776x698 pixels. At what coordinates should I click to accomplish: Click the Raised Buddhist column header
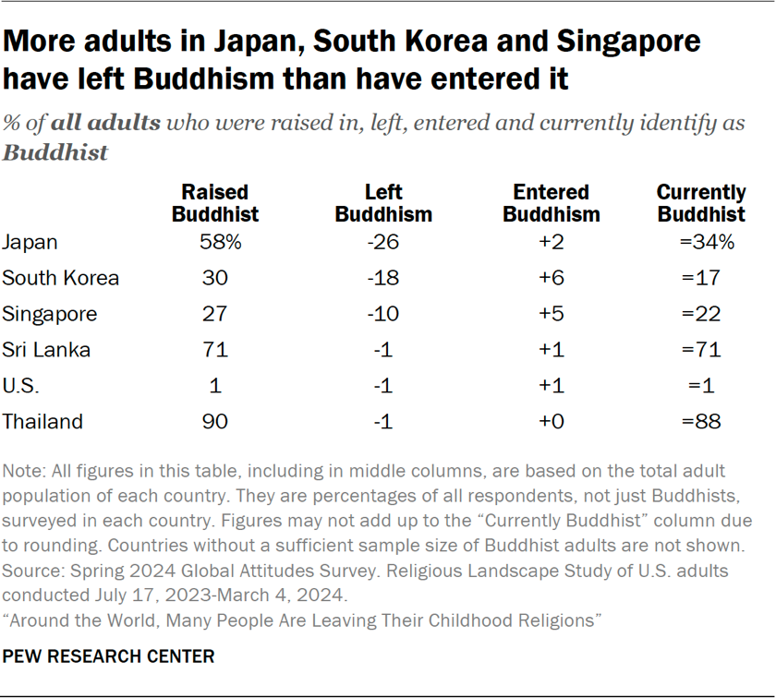[215, 203]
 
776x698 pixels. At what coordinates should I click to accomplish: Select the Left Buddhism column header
[383, 203]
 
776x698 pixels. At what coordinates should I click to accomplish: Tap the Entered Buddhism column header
[552, 203]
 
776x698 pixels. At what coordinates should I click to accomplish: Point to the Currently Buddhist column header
[701, 203]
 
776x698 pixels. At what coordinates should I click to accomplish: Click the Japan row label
[30, 243]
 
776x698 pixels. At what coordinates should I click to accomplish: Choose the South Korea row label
[61, 278]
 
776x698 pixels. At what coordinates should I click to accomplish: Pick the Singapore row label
[50, 314]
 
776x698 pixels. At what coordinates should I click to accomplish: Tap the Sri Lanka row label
[46, 350]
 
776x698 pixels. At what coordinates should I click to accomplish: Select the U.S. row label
[21, 386]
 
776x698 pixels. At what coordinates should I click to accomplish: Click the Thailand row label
[42, 422]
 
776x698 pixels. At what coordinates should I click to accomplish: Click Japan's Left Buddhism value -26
[382, 243]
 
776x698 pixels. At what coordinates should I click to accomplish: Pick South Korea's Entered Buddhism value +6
[551, 278]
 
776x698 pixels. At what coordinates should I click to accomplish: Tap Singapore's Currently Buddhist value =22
[700, 314]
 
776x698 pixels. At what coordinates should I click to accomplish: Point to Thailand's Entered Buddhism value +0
[551, 422]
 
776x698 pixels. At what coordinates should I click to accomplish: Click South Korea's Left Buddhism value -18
[382, 278]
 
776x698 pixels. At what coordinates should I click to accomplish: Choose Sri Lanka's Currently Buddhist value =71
[700, 350]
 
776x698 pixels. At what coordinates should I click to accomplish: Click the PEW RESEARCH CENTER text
[109, 657]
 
